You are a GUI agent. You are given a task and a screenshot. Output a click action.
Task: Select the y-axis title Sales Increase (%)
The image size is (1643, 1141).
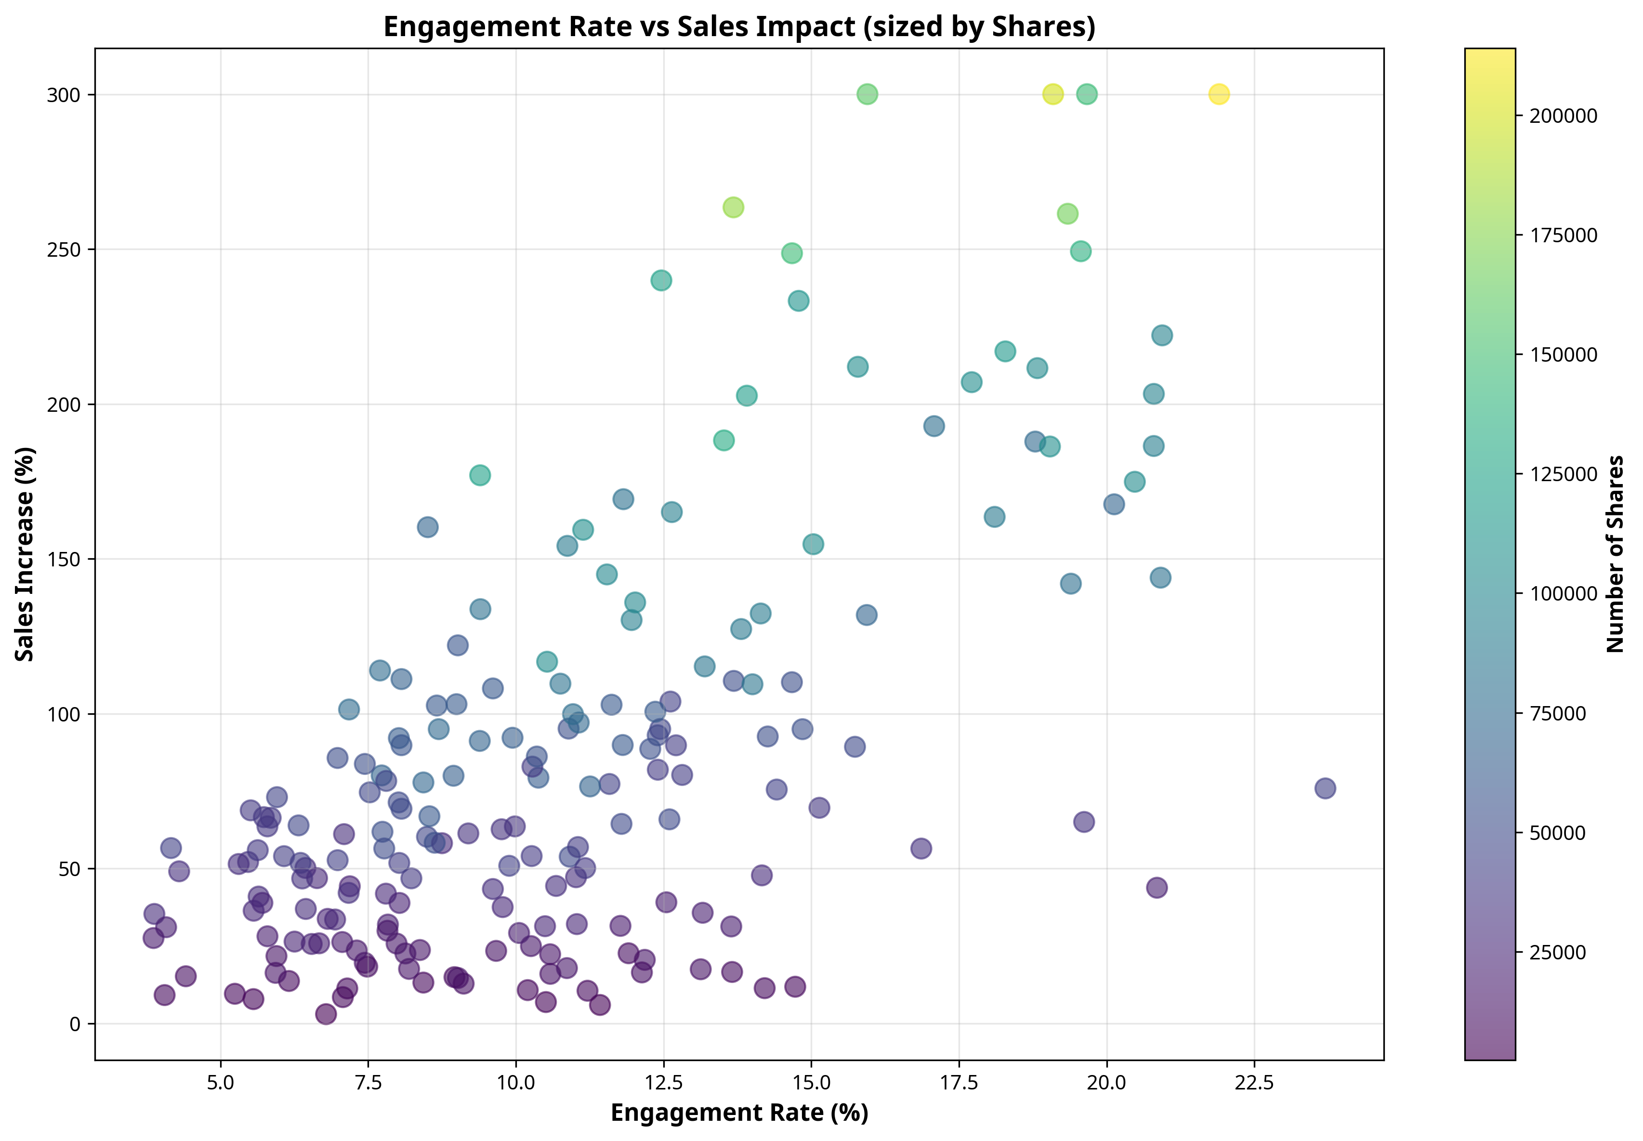coord(26,554)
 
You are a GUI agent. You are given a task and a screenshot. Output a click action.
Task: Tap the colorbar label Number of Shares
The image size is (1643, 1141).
coord(1615,554)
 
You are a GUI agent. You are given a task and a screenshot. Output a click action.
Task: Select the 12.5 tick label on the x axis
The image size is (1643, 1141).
coord(663,1082)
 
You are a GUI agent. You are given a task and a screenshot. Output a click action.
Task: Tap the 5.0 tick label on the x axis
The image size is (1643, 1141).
coord(221,1082)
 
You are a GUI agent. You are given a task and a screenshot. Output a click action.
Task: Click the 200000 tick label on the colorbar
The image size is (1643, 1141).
coord(1563,116)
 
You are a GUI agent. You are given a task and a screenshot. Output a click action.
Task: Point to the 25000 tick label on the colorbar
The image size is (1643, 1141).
coord(1557,952)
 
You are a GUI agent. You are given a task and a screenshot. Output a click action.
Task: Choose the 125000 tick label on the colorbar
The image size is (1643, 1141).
coord(1563,474)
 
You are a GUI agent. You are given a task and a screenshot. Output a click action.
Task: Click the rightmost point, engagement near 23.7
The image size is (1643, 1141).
coord(1325,788)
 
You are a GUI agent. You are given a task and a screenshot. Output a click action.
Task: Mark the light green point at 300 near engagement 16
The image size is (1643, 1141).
coord(867,93)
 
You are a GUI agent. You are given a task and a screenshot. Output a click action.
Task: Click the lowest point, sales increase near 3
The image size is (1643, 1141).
coord(325,1014)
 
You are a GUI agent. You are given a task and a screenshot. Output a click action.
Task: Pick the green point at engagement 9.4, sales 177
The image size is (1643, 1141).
coord(480,475)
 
